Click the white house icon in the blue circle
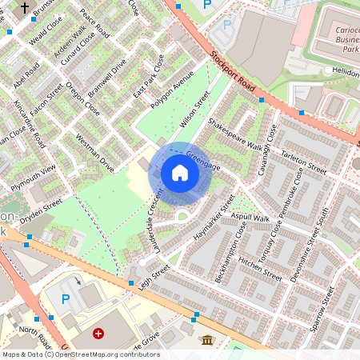tap(180, 173)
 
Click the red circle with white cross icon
tap(98, 333)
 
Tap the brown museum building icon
tap(207, 339)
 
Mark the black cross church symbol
tap(25, 8)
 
